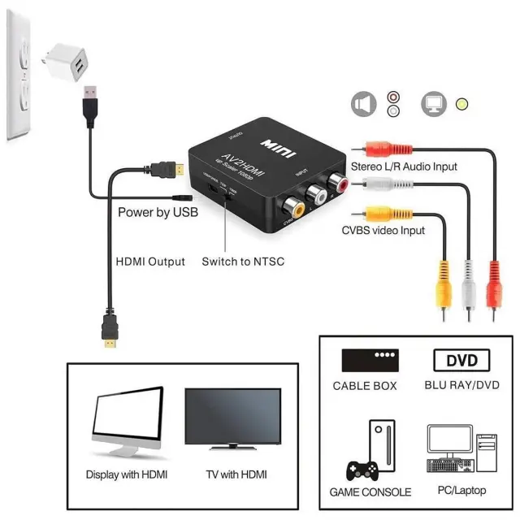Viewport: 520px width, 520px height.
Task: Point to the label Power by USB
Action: pos(158,213)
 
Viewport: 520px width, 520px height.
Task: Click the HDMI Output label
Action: pos(150,262)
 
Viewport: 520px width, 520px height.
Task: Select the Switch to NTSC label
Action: pos(244,262)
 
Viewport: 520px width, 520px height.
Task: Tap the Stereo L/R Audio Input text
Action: pos(404,167)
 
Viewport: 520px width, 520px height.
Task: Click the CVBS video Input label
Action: pos(383,231)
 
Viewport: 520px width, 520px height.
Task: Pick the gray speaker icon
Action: pos(362,105)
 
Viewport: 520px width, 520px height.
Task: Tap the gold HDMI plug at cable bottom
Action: pos(109,335)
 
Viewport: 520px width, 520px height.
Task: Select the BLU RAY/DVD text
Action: pos(462,385)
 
